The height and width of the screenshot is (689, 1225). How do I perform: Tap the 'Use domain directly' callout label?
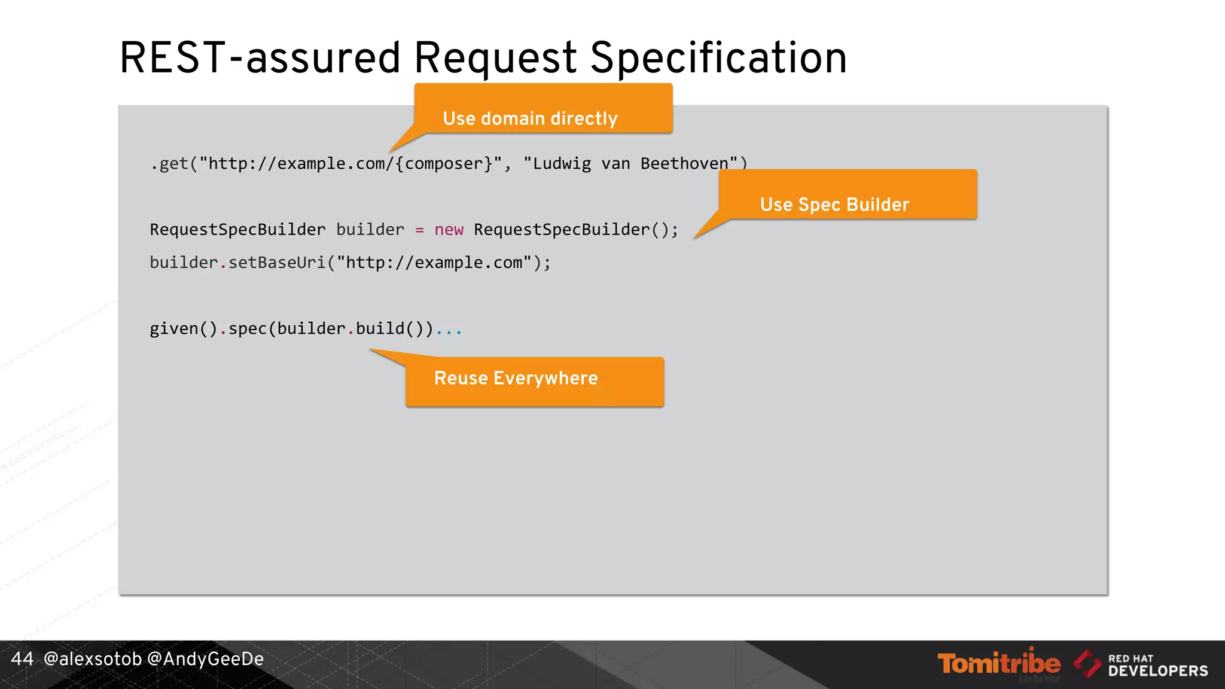[530, 118]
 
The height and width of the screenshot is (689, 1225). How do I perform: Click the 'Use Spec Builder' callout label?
[834, 205]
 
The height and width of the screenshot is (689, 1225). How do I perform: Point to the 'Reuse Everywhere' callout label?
[516, 378]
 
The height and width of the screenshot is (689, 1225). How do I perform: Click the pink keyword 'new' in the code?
[449, 230]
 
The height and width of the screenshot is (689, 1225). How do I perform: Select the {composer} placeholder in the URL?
[443, 164]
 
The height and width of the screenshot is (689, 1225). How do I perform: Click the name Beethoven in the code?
[684, 164]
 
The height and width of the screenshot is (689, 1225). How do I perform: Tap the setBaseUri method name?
[277, 263]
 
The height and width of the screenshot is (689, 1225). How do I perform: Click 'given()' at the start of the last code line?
[183, 328]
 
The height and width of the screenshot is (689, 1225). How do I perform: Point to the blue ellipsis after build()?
[449, 330]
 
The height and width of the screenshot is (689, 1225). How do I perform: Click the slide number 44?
[22, 658]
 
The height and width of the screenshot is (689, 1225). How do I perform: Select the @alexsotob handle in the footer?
[93, 658]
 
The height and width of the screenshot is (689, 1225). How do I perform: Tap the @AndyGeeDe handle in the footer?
[205, 658]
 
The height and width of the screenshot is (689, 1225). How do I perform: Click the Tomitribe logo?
[999, 663]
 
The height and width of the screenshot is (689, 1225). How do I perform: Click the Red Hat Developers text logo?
[1157, 665]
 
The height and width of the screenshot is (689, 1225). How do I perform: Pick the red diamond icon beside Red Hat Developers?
[1087, 664]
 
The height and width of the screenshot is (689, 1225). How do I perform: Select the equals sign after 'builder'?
[419, 230]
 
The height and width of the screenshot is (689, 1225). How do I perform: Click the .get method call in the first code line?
[170, 164]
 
